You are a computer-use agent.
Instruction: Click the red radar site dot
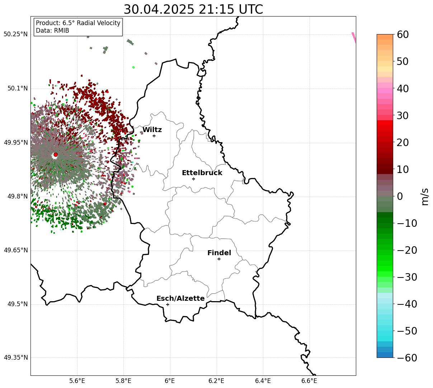point(56,155)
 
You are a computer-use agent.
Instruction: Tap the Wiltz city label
point(152,130)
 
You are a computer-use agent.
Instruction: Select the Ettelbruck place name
point(202,173)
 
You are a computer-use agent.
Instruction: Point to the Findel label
point(219,253)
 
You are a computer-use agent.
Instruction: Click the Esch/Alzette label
point(180,298)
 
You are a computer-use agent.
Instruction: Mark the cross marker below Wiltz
point(154,136)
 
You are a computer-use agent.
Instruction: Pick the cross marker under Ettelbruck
point(193,179)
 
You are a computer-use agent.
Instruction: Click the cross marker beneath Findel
point(219,259)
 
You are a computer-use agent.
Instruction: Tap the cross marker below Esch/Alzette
point(168,304)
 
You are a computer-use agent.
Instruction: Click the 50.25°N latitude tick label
point(15,34)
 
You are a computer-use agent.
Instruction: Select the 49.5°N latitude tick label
point(18,304)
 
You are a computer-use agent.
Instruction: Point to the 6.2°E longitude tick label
point(216,381)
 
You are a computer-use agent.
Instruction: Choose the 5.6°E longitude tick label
point(77,381)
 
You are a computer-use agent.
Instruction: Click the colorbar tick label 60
point(403,34)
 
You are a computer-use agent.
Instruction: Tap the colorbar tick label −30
point(407,277)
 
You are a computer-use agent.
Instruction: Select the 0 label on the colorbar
point(400,196)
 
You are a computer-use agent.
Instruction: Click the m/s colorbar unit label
point(425,197)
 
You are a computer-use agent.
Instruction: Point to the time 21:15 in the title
point(216,9)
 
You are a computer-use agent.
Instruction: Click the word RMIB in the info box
point(62,31)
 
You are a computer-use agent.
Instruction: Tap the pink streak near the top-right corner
point(354,38)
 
